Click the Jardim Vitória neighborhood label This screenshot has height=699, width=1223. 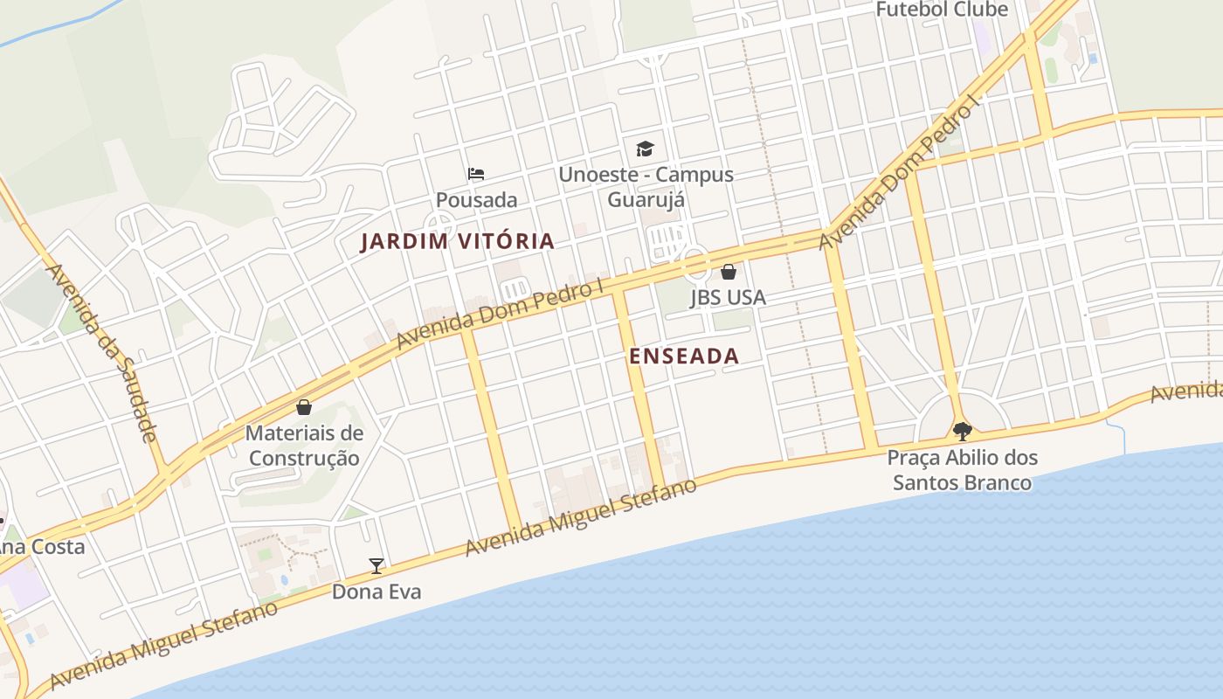[x=457, y=241]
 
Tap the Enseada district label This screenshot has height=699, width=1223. [x=684, y=356]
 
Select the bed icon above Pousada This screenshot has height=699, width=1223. [x=476, y=174]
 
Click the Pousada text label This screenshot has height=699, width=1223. [x=476, y=200]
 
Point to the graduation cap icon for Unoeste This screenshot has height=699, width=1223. [x=645, y=149]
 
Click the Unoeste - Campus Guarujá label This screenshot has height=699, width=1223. [x=646, y=187]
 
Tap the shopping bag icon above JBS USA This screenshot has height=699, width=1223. [x=729, y=272]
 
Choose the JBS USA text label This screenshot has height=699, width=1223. [x=728, y=297]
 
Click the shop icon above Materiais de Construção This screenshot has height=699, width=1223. [x=304, y=407]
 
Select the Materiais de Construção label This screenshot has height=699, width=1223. [x=304, y=446]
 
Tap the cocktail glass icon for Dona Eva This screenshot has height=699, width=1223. [x=377, y=566]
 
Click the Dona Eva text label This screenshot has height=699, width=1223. [x=377, y=592]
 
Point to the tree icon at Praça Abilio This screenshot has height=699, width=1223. [x=962, y=431]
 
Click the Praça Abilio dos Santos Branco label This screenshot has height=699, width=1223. [x=962, y=470]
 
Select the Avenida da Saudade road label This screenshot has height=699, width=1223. [x=103, y=352]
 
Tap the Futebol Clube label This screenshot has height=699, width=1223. [x=942, y=10]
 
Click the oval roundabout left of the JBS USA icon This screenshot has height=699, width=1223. [x=694, y=261]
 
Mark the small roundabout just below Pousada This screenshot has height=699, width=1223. [x=439, y=224]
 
